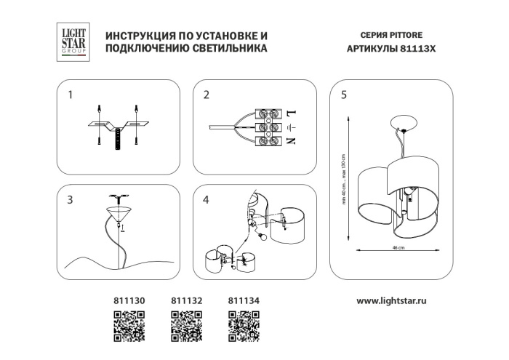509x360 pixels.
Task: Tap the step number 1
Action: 70,95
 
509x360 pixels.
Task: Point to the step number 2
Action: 207,95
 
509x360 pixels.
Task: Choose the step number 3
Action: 70,201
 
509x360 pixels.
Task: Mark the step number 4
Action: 207,201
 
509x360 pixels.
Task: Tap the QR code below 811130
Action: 129,325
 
